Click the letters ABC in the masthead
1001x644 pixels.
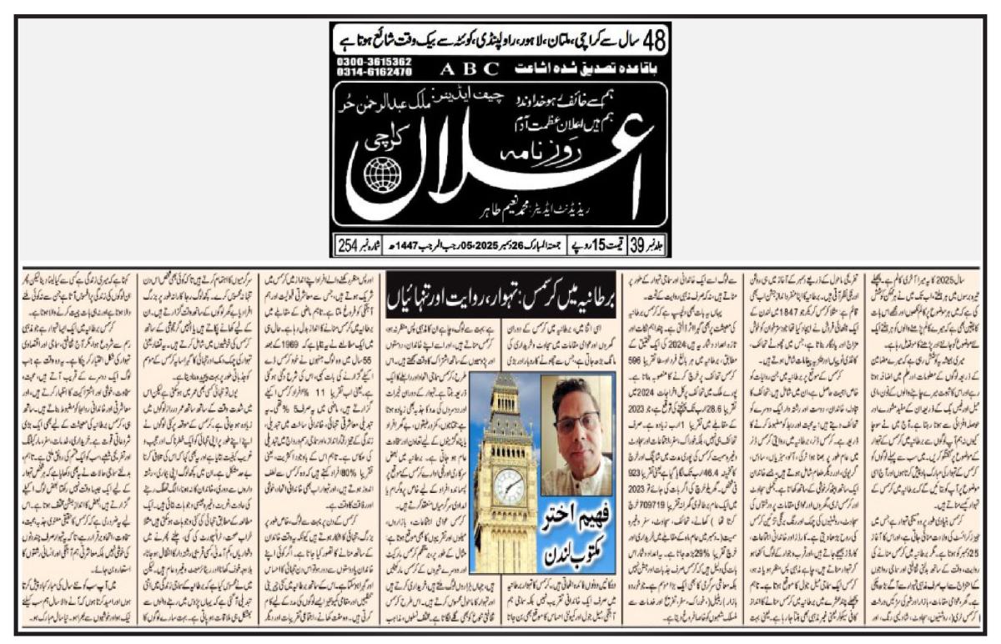tap(470, 68)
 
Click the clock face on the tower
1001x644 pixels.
tap(507, 487)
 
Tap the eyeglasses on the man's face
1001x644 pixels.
tap(573, 421)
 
